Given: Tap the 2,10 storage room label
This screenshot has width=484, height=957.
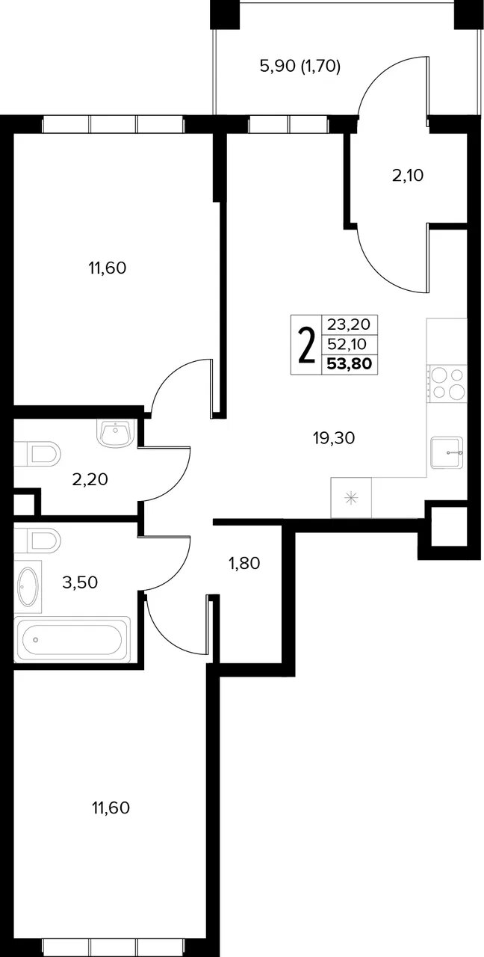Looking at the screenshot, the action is tap(408, 175).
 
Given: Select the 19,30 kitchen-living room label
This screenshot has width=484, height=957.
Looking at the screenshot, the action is tap(334, 438).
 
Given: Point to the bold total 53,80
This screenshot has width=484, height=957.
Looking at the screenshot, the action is tap(350, 363).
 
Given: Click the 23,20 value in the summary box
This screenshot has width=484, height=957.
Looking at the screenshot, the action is tap(349, 324).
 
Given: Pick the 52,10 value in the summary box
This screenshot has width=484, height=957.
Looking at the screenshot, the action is tap(347, 343).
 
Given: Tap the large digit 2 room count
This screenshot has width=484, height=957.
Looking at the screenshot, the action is tap(306, 345).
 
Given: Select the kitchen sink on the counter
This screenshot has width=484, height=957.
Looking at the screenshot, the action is tap(447, 452).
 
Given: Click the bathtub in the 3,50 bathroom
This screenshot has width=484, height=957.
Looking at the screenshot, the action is tap(72, 639).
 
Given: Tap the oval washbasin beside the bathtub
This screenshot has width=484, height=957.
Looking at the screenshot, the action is tap(28, 587).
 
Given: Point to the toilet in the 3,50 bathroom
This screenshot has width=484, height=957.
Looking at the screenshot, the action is tap(37, 540).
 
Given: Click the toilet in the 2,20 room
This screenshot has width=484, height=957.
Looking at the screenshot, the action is tap(37, 454).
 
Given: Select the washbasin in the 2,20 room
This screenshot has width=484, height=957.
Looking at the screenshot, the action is tap(116, 432).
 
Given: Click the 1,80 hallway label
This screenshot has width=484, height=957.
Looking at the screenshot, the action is tap(244, 563).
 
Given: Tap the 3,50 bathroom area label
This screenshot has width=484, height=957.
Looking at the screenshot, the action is tap(80, 582).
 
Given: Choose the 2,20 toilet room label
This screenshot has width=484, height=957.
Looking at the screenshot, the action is tap(90, 479).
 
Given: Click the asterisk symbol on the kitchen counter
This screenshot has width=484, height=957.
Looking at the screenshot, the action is tap(351, 498).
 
